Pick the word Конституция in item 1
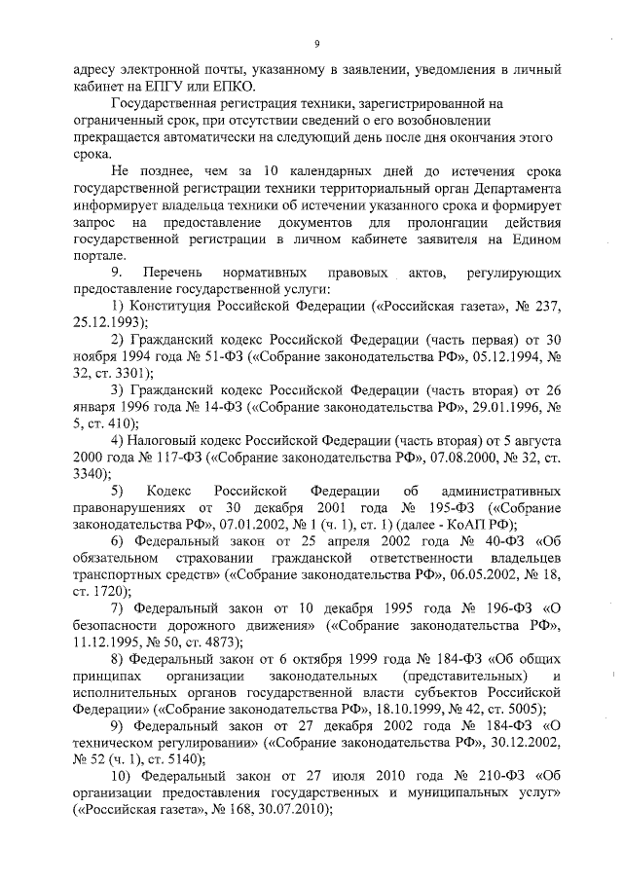170,305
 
